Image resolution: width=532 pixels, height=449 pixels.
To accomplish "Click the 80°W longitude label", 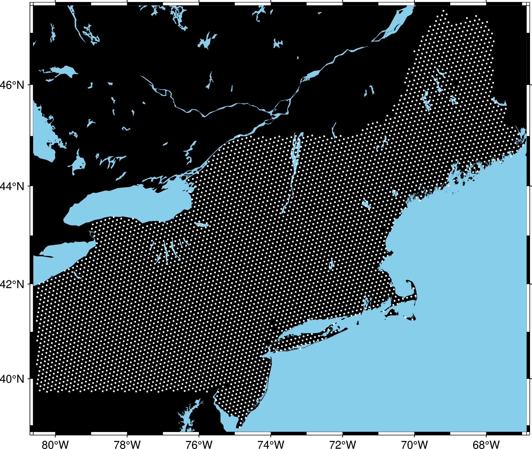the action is [x=55, y=445].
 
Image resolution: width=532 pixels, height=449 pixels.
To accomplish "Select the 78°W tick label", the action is [x=127, y=445].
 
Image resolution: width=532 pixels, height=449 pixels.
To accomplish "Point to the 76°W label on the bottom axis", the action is [x=199, y=445].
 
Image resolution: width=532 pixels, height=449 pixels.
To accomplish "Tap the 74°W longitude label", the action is [x=271, y=445].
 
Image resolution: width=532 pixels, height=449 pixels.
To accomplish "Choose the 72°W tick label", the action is [x=342, y=445].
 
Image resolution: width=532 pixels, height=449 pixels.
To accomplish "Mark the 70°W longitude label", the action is [x=414, y=445].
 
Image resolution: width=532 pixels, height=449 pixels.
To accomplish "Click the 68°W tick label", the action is [x=486, y=445].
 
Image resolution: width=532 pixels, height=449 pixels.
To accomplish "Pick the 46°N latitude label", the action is [x=13, y=85].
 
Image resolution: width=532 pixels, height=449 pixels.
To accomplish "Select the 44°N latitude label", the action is [x=13, y=186].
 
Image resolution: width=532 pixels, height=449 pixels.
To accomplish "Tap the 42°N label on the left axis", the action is [x=13, y=284].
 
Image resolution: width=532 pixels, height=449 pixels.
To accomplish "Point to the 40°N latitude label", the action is [x=13, y=379].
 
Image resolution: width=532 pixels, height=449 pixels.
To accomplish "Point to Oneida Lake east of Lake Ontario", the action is [x=202, y=224].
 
